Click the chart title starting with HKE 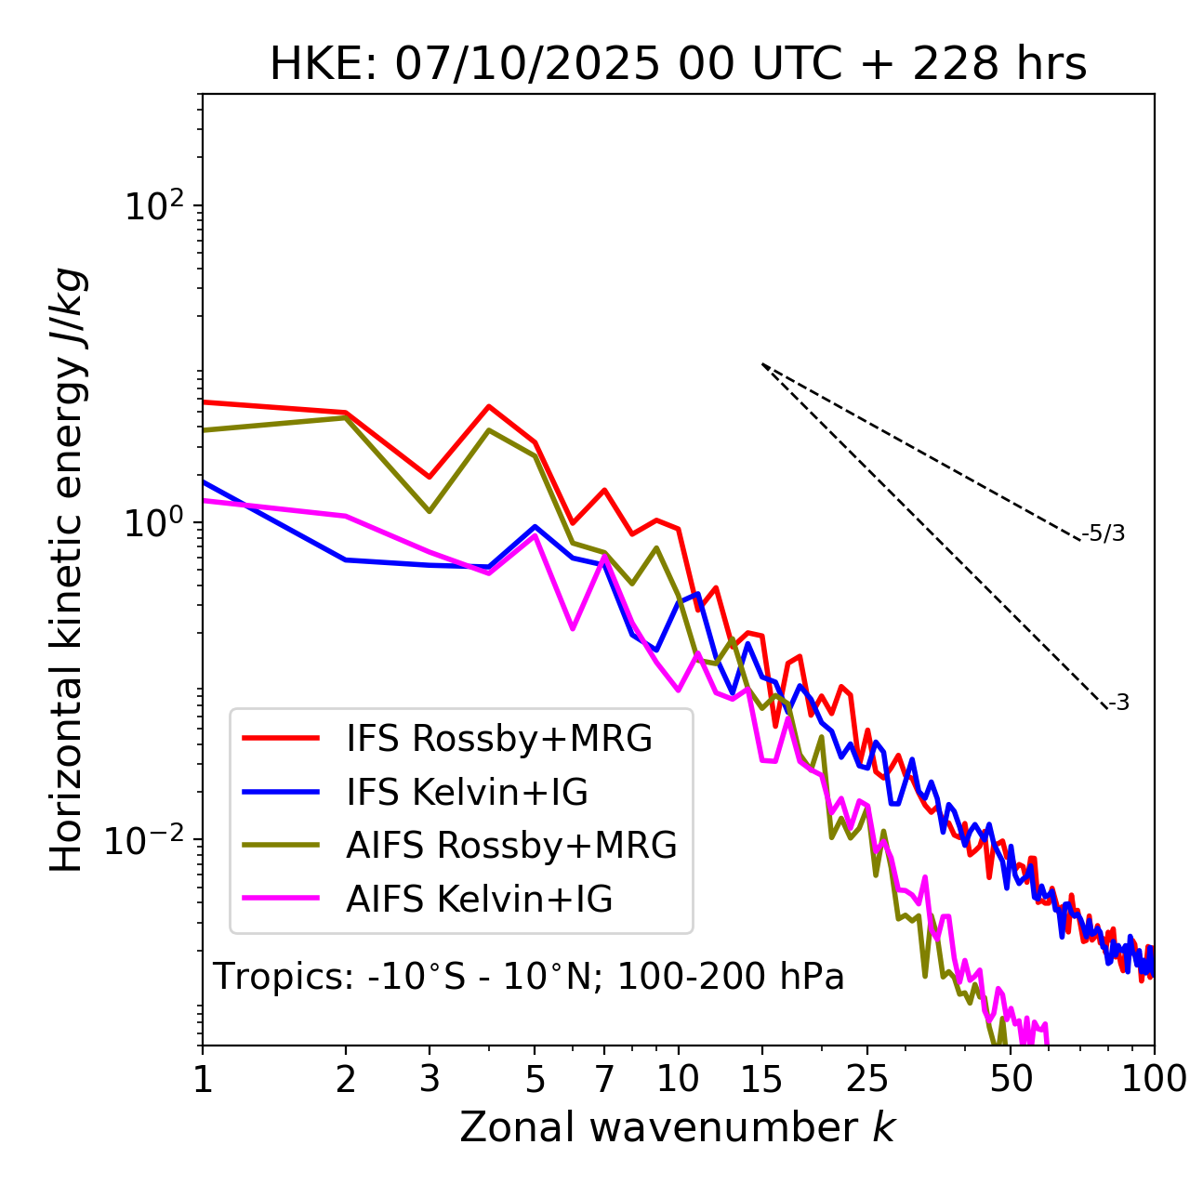click(x=678, y=65)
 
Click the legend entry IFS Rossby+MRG click(x=498, y=739)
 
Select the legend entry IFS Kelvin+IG click(x=467, y=793)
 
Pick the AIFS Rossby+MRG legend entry click(x=510, y=846)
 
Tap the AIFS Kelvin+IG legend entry click(x=479, y=900)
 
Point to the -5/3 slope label click(x=1104, y=533)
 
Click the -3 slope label click(x=1118, y=704)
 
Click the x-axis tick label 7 click(x=604, y=1079)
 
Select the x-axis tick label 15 click(x=761, y=1079)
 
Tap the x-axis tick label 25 click(x=866, y=1079)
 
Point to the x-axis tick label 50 click(x=1011, y=1079)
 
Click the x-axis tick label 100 click(x=1154, y=1079)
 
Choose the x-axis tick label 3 click(x=430, y=1079)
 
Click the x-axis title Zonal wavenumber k click(x=678, y=1127)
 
